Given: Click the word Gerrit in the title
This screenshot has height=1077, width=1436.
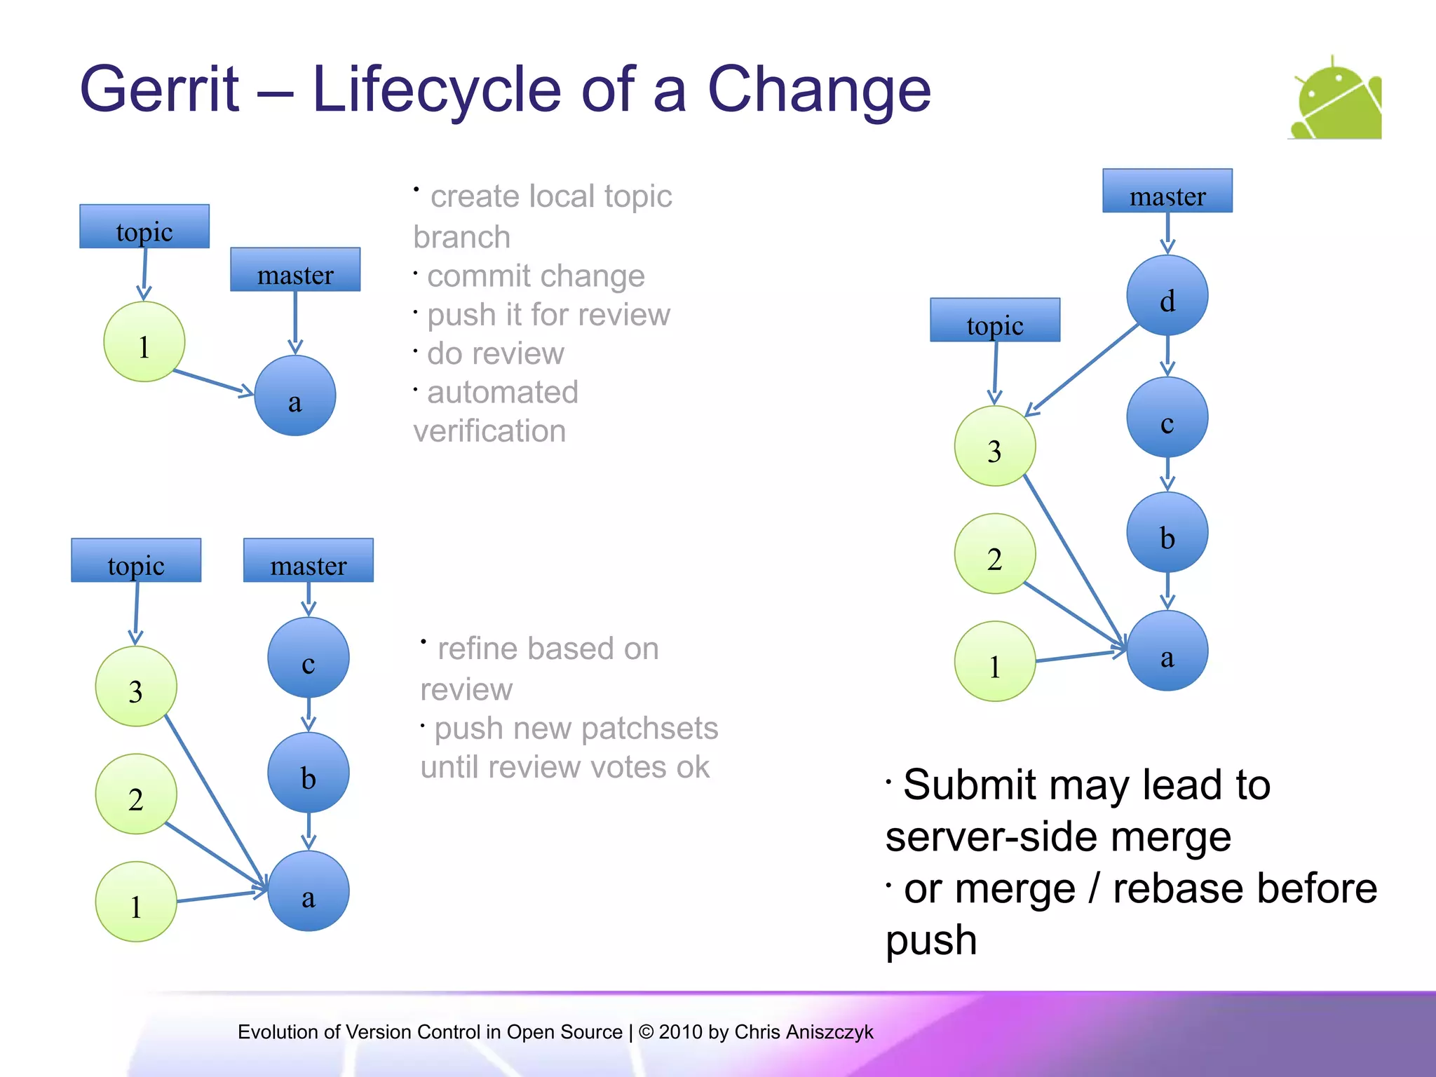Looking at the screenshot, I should tap(159, 90).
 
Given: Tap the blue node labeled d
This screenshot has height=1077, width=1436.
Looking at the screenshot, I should tap(1167, 295).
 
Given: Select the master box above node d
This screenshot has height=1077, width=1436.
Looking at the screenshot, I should tap(1167, 191).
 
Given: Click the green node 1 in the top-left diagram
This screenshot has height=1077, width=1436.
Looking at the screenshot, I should tap(144, 342).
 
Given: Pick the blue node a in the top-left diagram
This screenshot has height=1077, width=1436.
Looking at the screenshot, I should tap(294, 396).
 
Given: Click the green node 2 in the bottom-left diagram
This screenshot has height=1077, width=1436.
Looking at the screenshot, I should tap(136, 794).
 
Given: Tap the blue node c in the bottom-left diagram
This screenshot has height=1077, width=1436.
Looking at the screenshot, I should tap(309, 658).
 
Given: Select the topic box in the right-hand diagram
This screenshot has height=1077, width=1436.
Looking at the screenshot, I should tap(994, 320).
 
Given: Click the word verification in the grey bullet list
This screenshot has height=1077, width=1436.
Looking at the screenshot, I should tap(489, 431).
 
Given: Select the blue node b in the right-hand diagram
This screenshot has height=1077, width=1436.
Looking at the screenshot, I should tap(1167, 532).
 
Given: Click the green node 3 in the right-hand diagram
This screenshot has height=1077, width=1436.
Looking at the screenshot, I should tap(994, 446).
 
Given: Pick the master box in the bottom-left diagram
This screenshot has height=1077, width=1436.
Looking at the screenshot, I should tap(309, 560).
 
